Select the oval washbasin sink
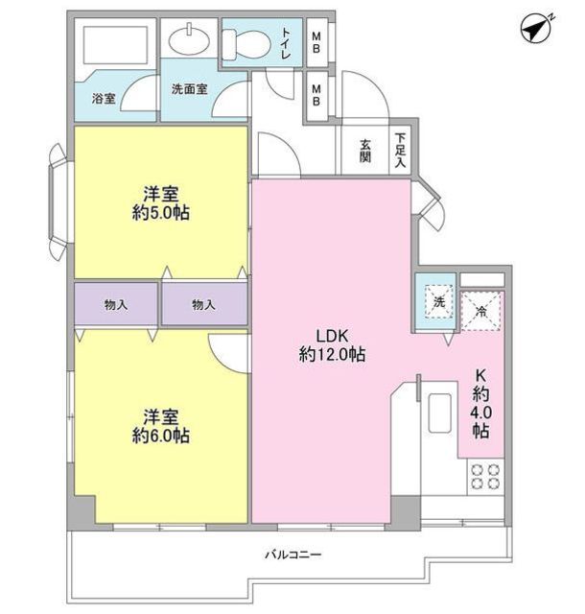pos(189,38)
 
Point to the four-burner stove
pos(484,477)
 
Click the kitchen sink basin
pos(440,413)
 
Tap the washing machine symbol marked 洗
pos(439,302)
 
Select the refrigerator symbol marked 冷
pos(481,311)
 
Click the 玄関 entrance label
pos(365,152)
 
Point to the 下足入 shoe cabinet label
pos(400,151)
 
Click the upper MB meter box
pos(316,42)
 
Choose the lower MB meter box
pos(316,95)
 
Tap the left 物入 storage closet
pos(116,304)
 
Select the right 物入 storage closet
pos(204,304)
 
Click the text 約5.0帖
pos(161,213)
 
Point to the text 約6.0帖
pos(161,436)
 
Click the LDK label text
pos(332,336)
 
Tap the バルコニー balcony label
pos(293,555)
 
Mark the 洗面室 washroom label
pos(189,89)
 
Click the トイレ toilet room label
pos(285,43)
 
